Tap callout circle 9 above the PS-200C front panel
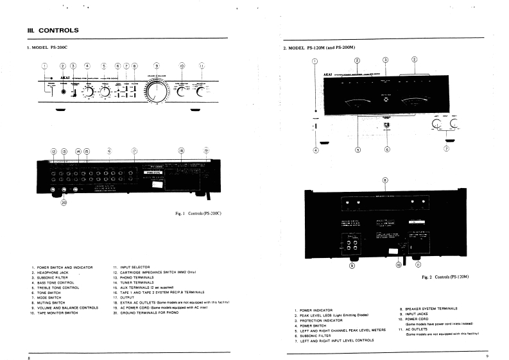click(157, 65)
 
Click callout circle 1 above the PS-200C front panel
click(45, 65)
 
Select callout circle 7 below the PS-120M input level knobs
click(447, 150)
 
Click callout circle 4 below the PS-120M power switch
click(315, 150)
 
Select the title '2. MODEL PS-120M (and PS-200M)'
click(319, 48)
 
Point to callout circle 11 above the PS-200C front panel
click(202, 65)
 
